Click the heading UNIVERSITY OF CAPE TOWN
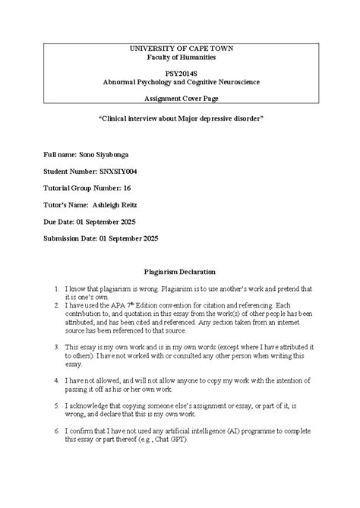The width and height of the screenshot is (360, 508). point(180,49)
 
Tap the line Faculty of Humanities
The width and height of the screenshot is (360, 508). point(180,57)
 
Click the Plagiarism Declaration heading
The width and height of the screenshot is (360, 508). point(180,271)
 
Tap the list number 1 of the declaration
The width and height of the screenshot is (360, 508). point(56,289)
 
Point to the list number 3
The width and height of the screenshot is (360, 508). point(56,346)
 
